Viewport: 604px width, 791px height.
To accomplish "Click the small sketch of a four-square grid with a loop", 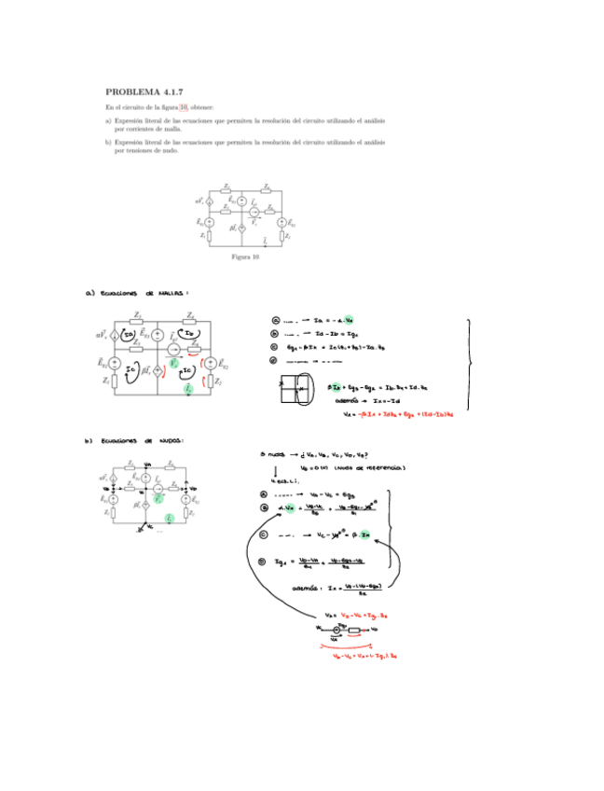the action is [296, 385].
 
